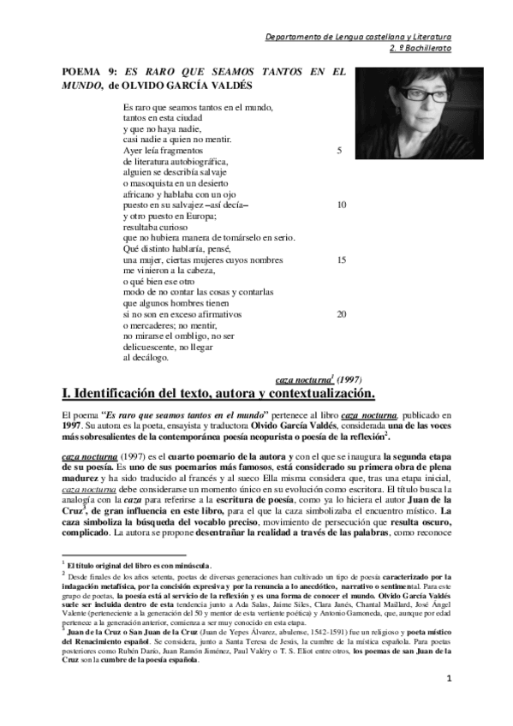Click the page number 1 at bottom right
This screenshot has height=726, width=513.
[448, 705]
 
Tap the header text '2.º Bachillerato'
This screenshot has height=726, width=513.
[418, 49]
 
